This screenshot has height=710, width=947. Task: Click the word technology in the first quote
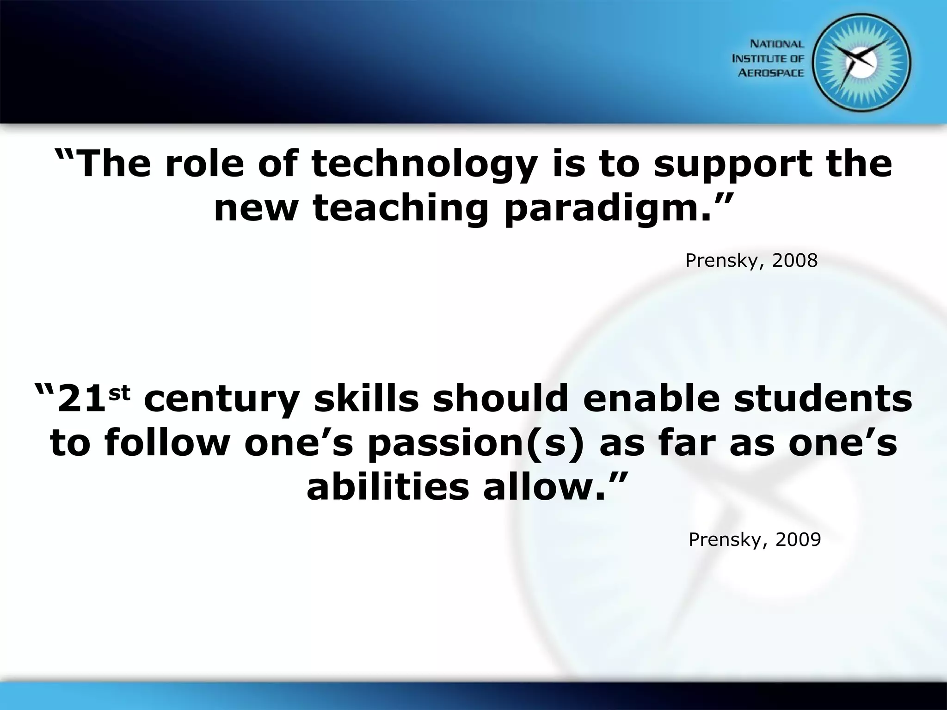tap(424, 165)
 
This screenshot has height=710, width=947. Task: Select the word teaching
tap(400, 209)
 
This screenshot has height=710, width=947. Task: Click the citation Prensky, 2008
tap(751, 261)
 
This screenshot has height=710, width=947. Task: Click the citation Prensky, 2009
tap(755, 539)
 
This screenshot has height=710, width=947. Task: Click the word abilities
tap(387, 488)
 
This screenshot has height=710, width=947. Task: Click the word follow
tap(167, 443)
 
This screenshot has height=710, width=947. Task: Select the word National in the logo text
tap(777, 44)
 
